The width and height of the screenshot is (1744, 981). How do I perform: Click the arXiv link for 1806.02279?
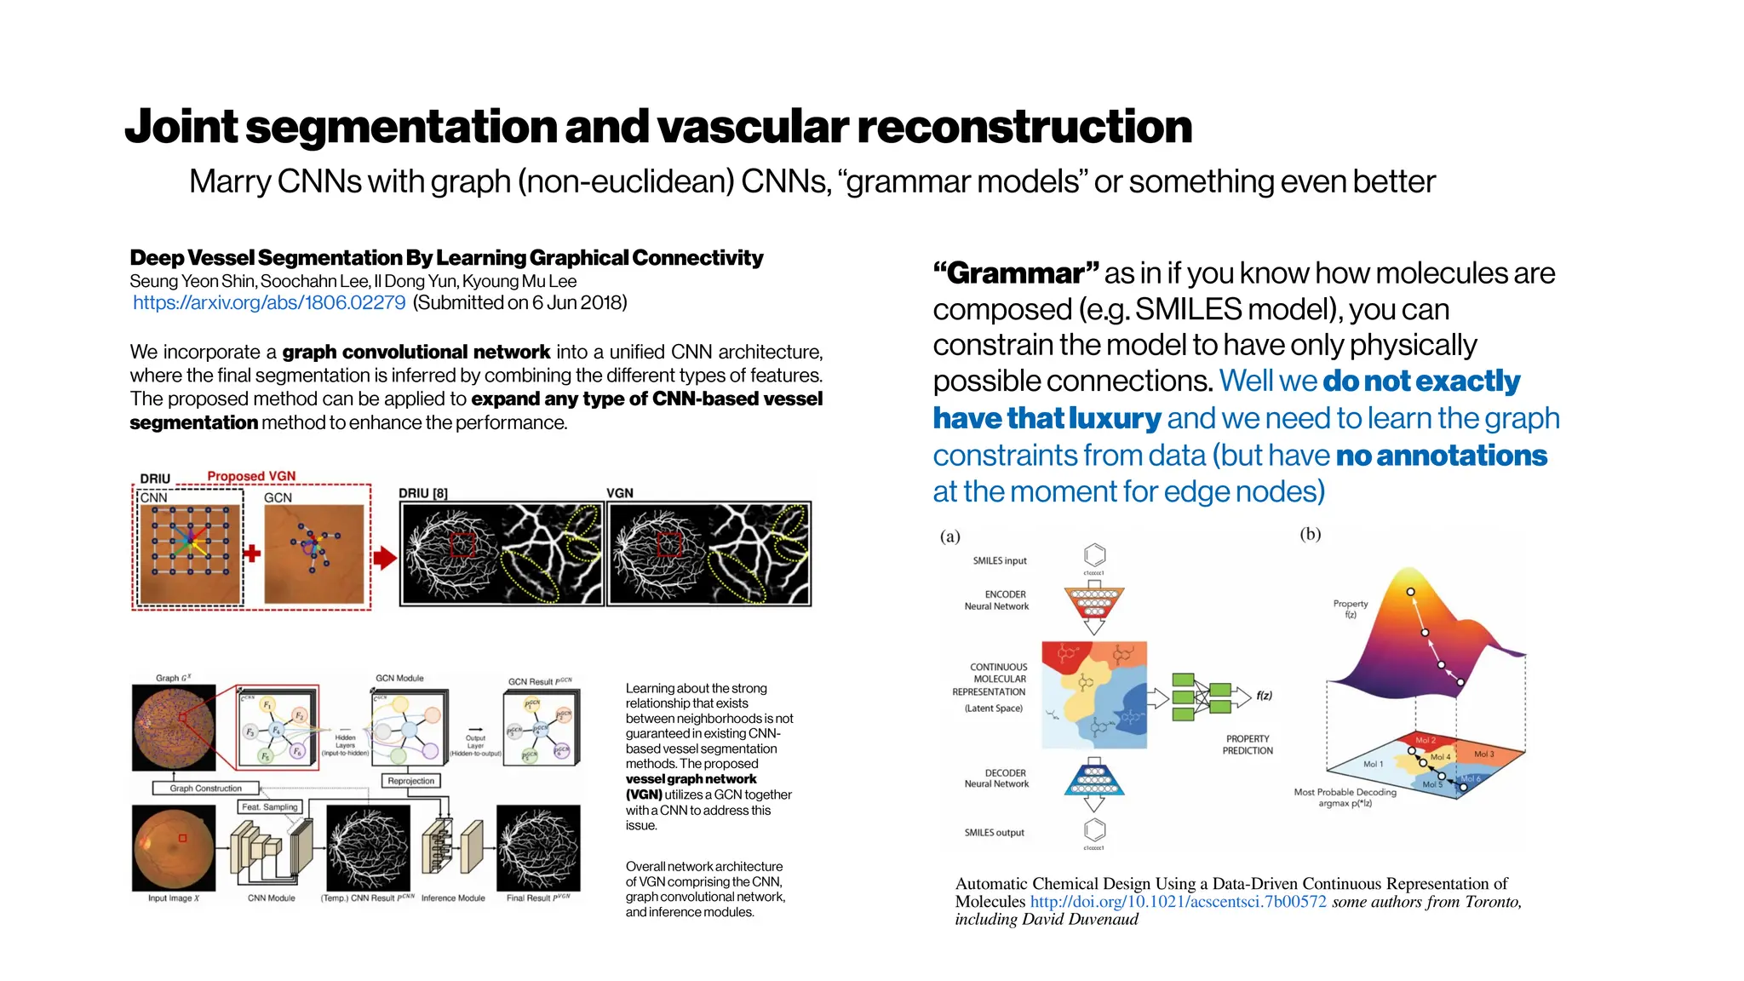pyautogui.click(x=269, y=303)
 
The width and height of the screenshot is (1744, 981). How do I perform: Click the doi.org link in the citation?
pyautogui.click(x=1178, y=902)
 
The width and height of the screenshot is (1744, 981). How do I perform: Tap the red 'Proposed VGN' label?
pyautogui.click(x=251, y=476)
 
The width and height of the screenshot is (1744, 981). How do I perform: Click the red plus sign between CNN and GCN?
pyautogui.click(x=251, y=554)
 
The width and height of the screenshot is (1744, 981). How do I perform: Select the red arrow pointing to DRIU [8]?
pyautogui.click(x=385, y=558)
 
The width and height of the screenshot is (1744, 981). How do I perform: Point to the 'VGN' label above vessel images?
pyautogui.click(x=620, y=493)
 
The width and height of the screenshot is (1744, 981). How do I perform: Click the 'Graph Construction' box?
pyautogui.click(x=206, y=789)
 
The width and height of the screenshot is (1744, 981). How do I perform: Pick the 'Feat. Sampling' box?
pyautogui.click(x=270, y=806)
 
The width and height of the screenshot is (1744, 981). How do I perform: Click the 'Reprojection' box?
pyautogui.click(x=410, y=781)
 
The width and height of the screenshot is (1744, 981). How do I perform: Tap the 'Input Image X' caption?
pyautogui.click(x=173, y=898)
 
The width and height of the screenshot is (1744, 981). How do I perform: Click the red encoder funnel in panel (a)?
pyautogui.click(x=1094, y=603)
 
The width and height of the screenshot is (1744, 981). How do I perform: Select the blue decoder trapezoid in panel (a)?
pyautogui.click(x=1094, y=777)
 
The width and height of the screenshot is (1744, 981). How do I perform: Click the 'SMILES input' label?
pyautogui.click(x=1000, y=561)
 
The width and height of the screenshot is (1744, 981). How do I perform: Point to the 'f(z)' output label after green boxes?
pyautogui.click(x=1265, y=696)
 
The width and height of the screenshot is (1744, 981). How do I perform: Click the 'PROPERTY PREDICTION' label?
pyautogui.click(x=1248, y=745)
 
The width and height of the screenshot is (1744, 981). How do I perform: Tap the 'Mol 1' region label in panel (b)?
pyautogui.click(x=1373, y=764)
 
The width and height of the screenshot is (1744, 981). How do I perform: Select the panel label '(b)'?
pyautogui.click(x=1310, y=534)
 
